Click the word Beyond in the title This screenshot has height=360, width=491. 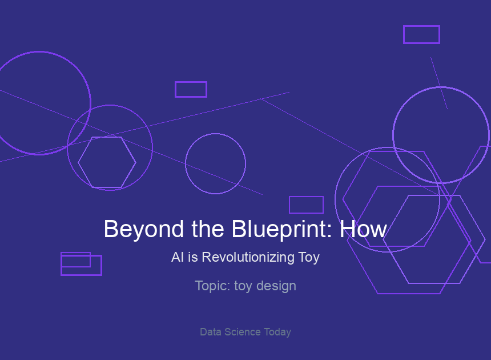(x=144, y=230)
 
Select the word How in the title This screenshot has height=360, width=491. (x=364, y=229)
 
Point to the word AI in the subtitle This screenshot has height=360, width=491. (x=178, y=257)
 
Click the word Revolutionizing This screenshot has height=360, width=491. (x=248, y=258)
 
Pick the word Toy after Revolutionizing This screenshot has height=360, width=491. (x=309, y=258)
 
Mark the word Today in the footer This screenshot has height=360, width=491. (x=277, y=332)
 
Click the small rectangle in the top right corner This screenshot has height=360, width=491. (x=421, y=26)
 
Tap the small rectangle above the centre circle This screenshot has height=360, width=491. (x=191, y=82)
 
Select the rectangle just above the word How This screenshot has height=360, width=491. (x=306, y=197)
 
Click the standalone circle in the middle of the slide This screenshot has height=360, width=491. (x=215, y=134)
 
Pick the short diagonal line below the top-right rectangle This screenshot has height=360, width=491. (x=439, y=83)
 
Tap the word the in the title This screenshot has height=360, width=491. (x=208, y=229)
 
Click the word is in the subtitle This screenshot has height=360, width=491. (x=193, y=257)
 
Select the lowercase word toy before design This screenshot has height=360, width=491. (x=243, y=286)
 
